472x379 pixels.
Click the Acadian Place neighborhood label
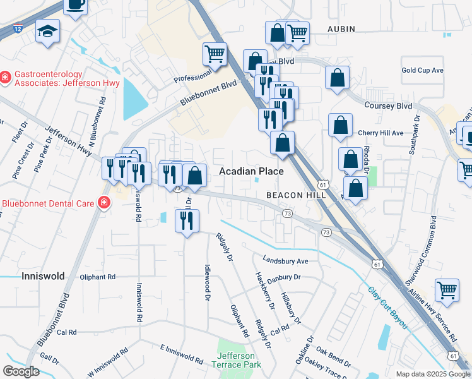coord(251,172)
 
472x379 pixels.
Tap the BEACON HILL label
coord(295,196)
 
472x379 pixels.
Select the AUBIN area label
coord(341,29)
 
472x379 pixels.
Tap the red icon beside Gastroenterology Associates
coord(5,77)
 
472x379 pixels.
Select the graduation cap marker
coord(47,31)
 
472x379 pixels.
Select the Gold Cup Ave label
coord(422,70)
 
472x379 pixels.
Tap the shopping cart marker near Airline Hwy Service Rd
coord(447,290)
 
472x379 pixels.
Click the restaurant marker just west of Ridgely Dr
coord(186,220)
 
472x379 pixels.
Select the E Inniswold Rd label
coord(181,354)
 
